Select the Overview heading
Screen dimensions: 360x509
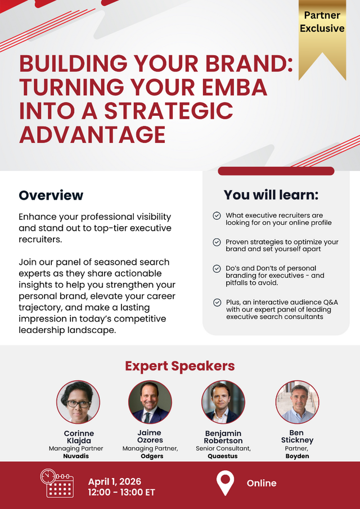(51, 195)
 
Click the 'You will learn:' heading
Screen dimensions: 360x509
(271, 195)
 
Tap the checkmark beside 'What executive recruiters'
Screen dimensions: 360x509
(217, 215)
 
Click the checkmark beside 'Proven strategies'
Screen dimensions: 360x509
(217, 242)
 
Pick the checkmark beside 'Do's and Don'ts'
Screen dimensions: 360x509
(217, 269)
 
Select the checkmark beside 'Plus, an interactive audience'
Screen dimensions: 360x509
(217, 303)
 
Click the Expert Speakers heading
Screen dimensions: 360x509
(180, 366)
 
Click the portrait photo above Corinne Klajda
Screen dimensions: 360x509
(78, 402)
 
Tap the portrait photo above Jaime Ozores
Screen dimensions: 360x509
(150, 402)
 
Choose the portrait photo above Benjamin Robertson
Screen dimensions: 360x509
(223, 402)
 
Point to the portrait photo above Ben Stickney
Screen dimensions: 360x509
(298, 402)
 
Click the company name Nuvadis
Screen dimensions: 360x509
(76, 456)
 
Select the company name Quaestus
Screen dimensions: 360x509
(223, 456)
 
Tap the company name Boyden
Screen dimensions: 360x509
(297, 456)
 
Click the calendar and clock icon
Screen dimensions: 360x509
(57, 483)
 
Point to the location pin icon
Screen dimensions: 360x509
(226, 483)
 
